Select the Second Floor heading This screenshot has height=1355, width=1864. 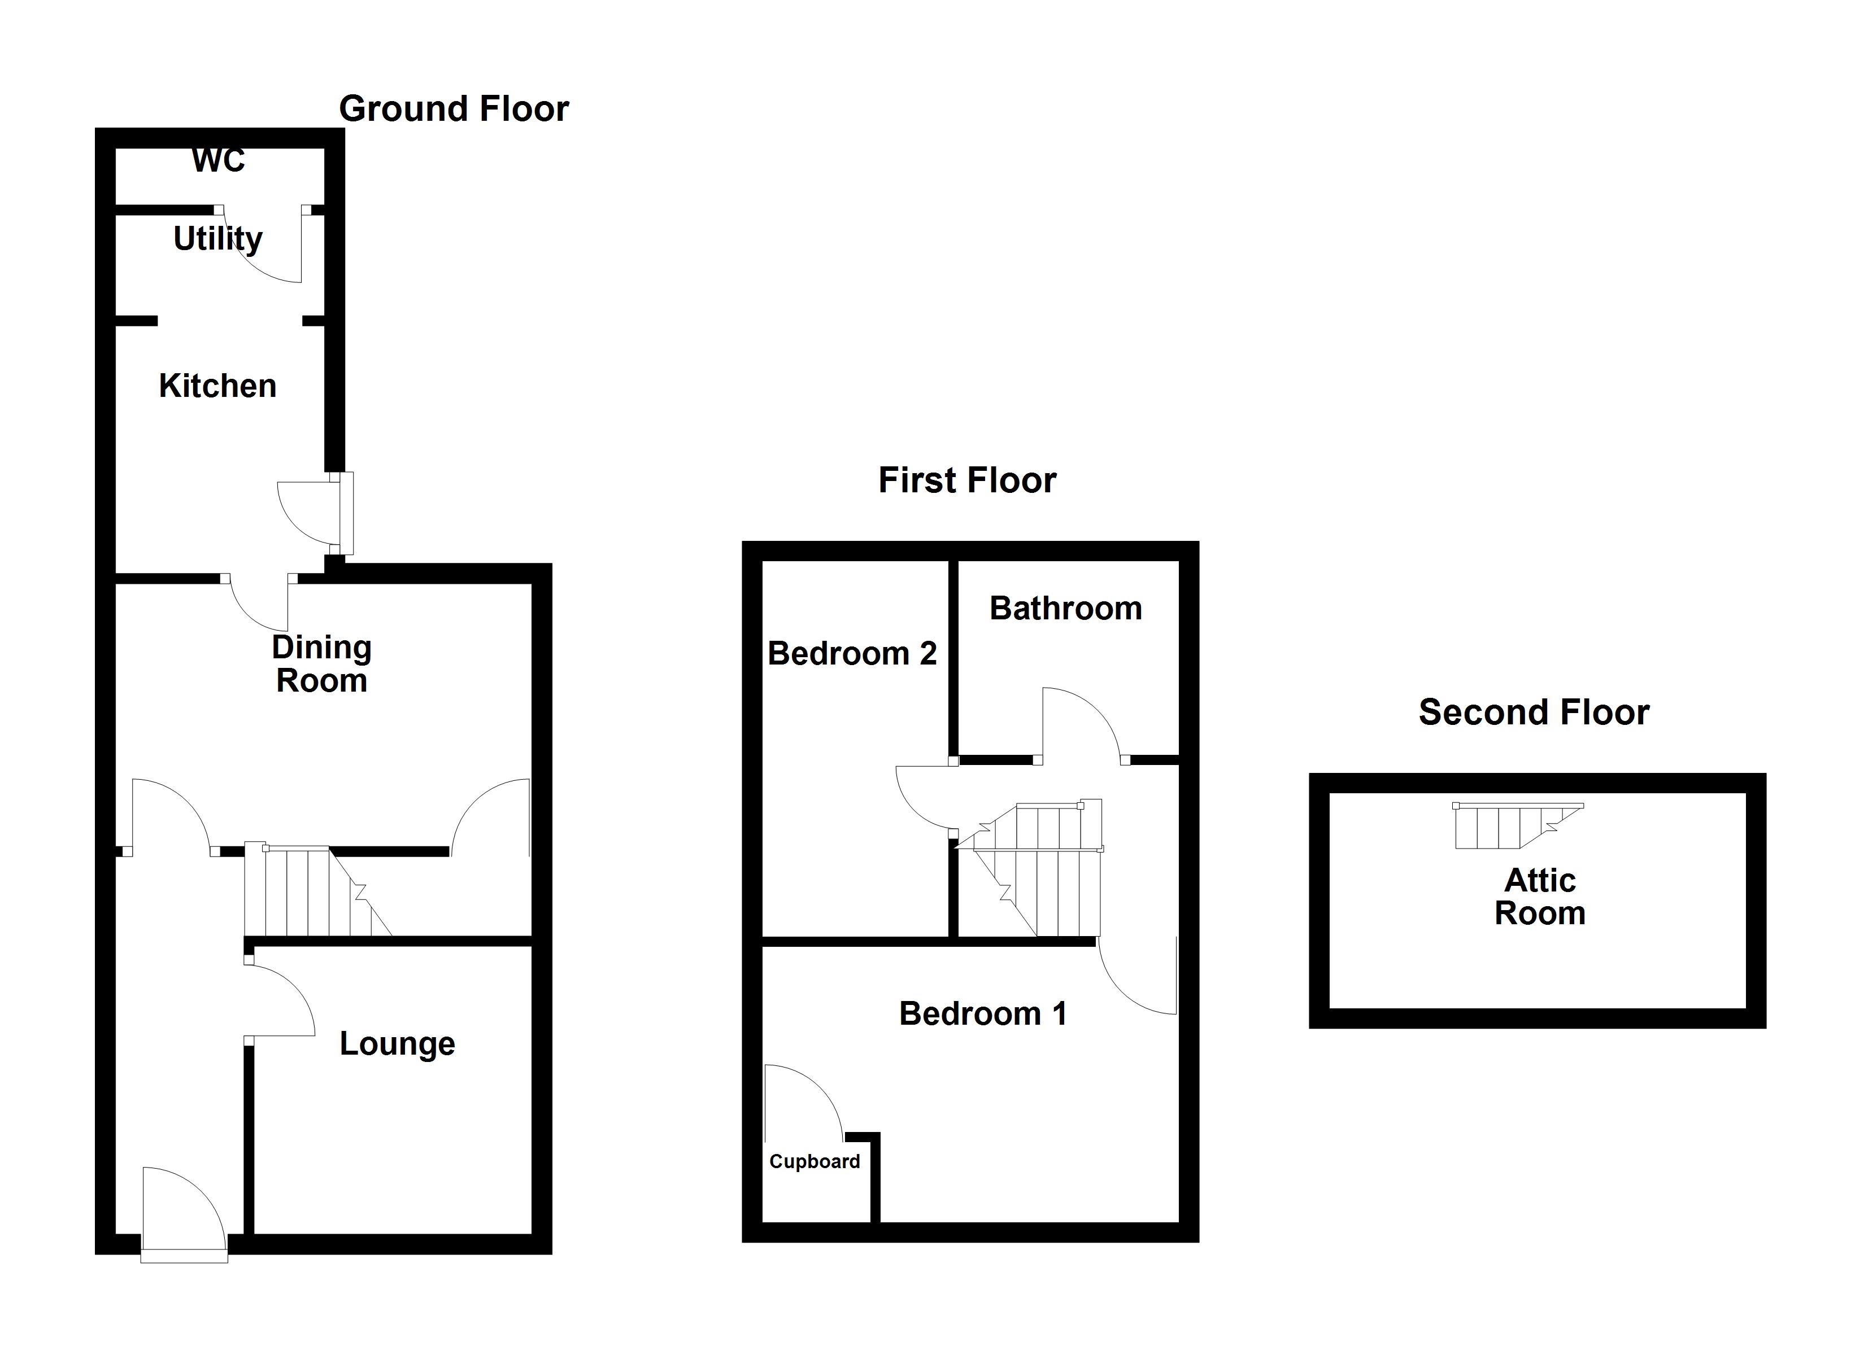(1534, 713)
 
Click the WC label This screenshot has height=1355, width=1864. (219, 160)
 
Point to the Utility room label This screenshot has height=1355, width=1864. (218, 239)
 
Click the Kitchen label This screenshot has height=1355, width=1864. (218, 386)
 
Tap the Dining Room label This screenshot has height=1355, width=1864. (321, 664)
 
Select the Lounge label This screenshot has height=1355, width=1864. (397, 1043)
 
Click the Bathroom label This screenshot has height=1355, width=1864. (1065, 609)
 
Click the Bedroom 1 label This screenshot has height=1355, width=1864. (983, 1014)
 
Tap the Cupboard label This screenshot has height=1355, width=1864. (815, 1161)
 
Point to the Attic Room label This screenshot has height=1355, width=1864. (1539, 897)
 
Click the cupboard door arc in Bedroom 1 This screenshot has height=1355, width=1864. (802, 1101)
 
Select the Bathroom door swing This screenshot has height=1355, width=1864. (1078, 723)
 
